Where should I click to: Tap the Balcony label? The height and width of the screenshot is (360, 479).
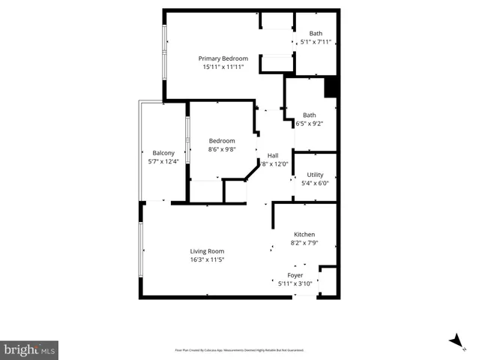[x=163, y=153]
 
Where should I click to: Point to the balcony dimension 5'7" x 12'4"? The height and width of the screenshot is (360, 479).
[x=163, y=162]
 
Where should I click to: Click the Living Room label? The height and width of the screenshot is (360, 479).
[x=207, y=251]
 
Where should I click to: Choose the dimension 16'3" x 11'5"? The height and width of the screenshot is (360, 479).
[x=207, y=260]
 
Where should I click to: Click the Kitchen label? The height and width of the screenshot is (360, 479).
[x=304, y=234]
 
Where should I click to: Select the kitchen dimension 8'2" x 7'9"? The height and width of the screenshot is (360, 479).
[x=304, y=243]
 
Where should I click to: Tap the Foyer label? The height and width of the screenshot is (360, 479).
[x=295, y=275]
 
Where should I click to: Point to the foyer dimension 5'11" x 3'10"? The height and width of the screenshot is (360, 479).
[x=295, y=283]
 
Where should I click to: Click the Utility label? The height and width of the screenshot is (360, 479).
[x=315, y=174]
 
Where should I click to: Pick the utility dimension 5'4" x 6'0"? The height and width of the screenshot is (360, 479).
[x=315, y=183]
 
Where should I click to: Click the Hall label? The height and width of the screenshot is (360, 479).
[x=273, y=155]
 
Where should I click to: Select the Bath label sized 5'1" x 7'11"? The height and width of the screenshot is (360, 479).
[x=316, y=33]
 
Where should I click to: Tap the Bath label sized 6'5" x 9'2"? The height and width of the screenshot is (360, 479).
[x=309, y=115]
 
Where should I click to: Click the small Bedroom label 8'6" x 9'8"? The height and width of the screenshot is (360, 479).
[x=222, y=140]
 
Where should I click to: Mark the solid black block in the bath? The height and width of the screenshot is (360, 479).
[x=331, y=88]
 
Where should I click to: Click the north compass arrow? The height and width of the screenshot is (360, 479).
[x=455, y=341]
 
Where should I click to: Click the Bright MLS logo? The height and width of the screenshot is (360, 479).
[x=29, y=349]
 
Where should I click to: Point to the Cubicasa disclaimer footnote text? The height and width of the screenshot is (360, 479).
[x=239, y=350]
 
